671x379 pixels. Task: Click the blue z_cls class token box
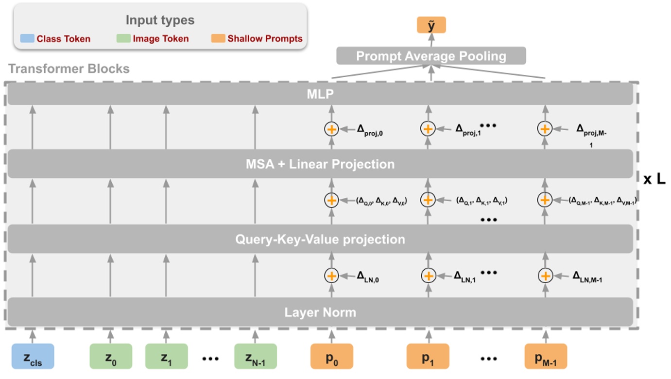coord(33,356)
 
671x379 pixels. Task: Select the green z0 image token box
coord(111,356)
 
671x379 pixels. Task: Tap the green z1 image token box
coord(166,356)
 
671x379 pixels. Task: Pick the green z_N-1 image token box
coord(255,356)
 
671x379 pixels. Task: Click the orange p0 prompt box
coord(331,356)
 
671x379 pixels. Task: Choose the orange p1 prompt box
coord(428,356)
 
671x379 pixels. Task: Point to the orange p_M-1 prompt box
coord(545,356)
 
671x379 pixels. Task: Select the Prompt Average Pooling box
coord(431,56)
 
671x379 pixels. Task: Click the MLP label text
coord(321,94)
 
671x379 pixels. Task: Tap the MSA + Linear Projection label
coord(320,164)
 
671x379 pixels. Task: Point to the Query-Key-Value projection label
coord(320,239)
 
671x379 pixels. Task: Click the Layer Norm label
coord(320,312)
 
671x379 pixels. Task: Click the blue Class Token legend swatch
coord(27,39)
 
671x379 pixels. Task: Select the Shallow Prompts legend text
coord(265,39)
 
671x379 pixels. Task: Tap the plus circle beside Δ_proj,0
coord(331,129)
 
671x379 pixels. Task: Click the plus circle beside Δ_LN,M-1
coord(545,276)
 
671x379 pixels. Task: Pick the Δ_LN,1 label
coord(465,276)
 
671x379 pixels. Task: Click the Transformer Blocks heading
coord(69,69)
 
